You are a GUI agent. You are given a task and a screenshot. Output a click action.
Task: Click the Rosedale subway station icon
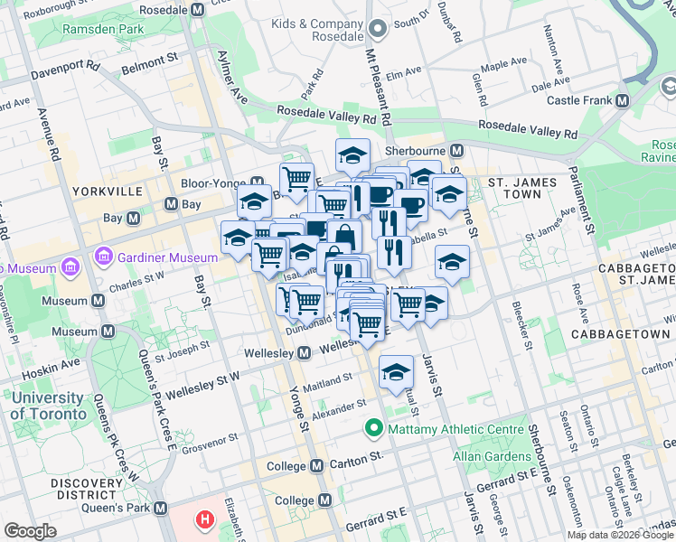(198, 10)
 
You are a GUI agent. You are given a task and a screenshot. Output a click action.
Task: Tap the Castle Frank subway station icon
(623, 100)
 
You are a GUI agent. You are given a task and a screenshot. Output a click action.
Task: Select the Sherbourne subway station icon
(457, 150)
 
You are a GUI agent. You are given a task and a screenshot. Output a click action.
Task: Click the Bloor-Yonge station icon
(258, 182)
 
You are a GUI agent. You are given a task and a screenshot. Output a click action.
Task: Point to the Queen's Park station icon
(161, 509)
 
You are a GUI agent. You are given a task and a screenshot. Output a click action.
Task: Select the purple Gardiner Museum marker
(106, 257)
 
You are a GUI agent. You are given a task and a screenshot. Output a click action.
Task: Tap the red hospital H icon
(206, 520)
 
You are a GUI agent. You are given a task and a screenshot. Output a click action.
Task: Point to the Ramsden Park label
(103, 29)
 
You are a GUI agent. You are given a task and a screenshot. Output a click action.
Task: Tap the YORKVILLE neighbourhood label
(110, 192)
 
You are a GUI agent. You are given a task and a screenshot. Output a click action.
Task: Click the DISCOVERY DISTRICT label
(93, 489)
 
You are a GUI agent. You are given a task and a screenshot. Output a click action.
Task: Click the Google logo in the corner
(31, 531)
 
